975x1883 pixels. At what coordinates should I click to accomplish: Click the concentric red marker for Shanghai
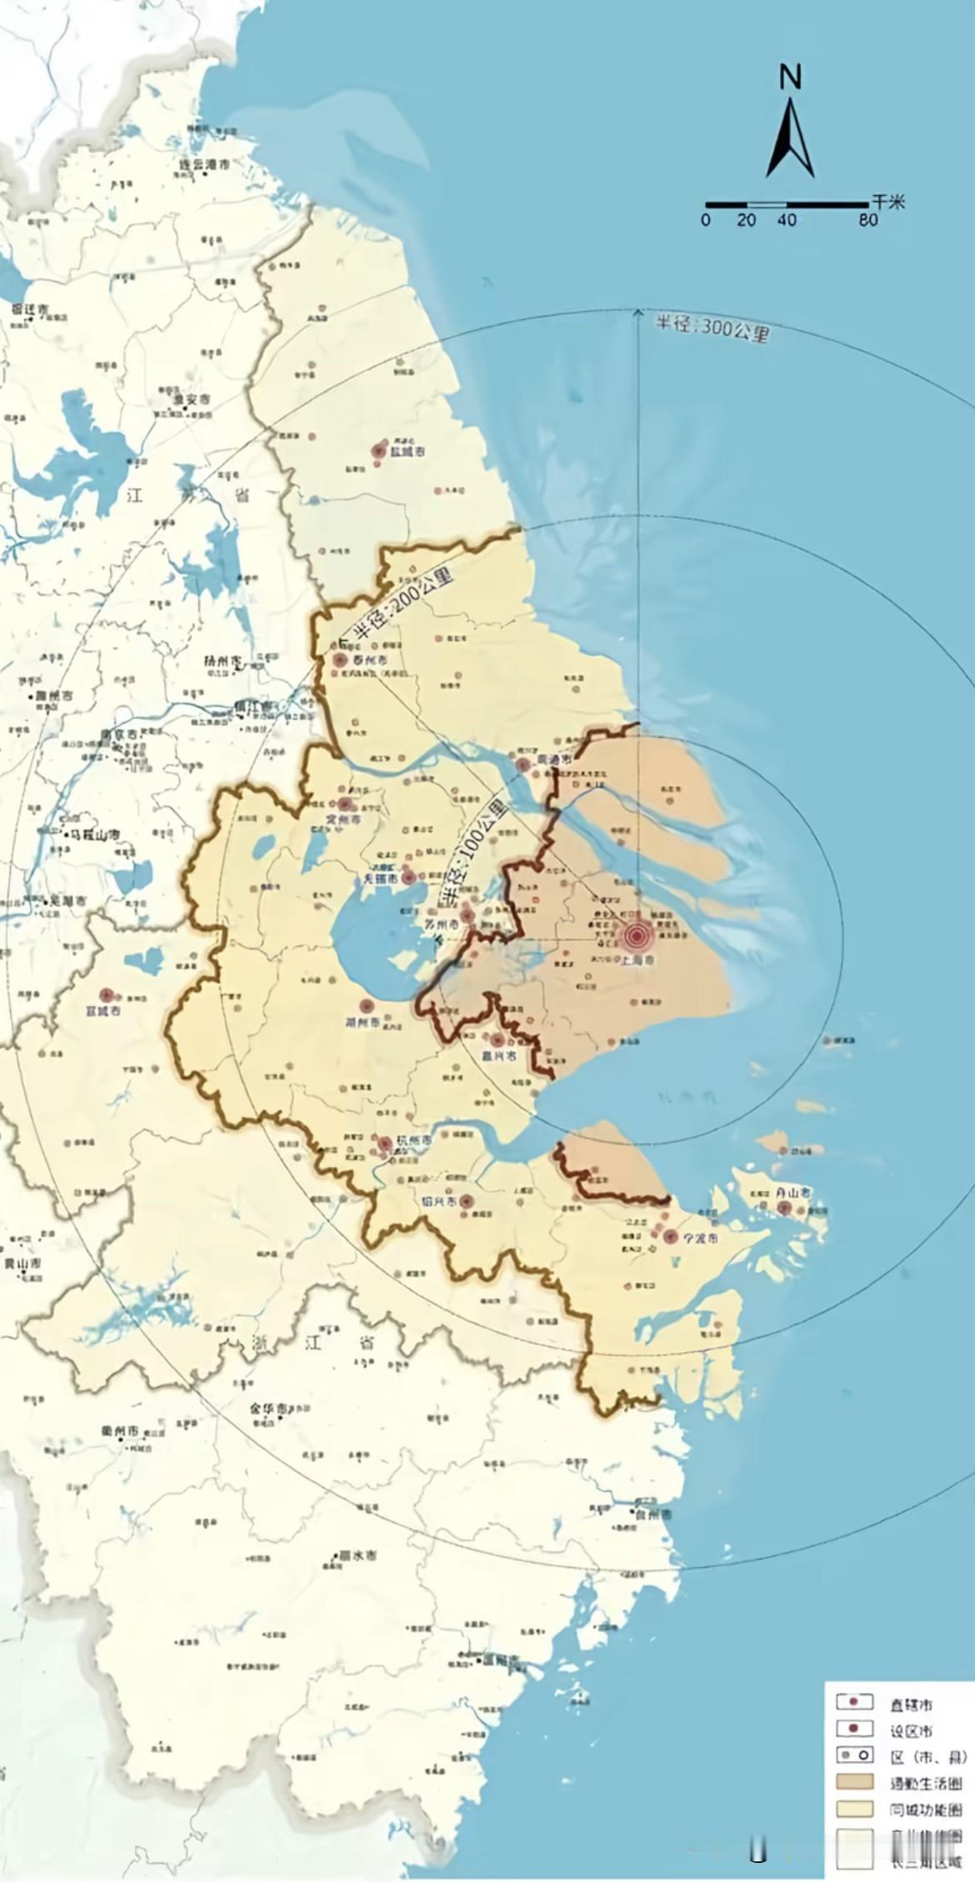coord(637,937)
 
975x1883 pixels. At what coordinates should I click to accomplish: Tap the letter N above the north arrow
coord(790,78)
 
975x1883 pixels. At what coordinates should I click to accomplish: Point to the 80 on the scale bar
coord(867,220)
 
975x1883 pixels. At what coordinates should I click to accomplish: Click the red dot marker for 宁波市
coord(670,1236)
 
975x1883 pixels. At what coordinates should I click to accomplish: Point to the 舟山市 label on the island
coord(792,1193)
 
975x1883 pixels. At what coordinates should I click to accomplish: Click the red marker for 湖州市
coord(365,1006)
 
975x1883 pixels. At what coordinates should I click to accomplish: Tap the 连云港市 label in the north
coord(205,164)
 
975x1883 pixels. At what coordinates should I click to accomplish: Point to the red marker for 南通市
coord(523,764)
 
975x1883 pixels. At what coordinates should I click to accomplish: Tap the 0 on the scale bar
coord(706,220)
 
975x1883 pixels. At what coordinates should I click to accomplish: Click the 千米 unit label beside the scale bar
coord(888,201)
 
